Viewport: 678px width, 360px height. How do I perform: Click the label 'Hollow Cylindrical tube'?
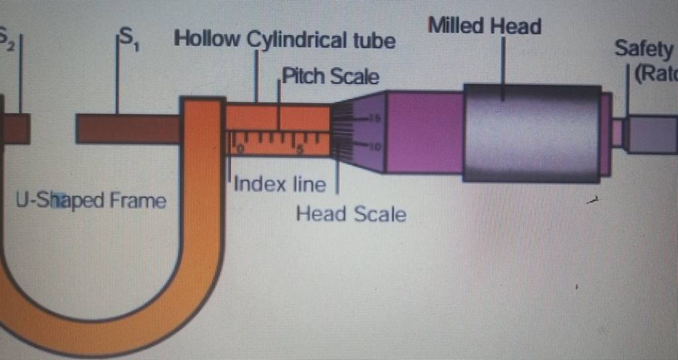point(284,40)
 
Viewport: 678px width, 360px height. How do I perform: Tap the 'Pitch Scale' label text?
point(330,77)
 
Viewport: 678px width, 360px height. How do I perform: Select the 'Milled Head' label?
point(485,26)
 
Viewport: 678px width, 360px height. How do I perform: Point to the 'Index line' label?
point(280,183)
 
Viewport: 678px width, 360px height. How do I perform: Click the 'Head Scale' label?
point(351,214)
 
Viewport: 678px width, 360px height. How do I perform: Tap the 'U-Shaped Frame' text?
point(91,200)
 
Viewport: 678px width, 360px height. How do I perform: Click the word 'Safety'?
point(644,48)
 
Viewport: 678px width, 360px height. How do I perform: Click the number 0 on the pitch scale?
point(240,149)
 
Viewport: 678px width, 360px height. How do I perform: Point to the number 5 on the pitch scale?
point(300,149)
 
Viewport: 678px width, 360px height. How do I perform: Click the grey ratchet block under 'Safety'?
point(652,134)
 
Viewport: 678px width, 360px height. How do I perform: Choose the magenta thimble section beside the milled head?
point(424,132)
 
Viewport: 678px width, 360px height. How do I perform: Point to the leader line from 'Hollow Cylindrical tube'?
point(256,76)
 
